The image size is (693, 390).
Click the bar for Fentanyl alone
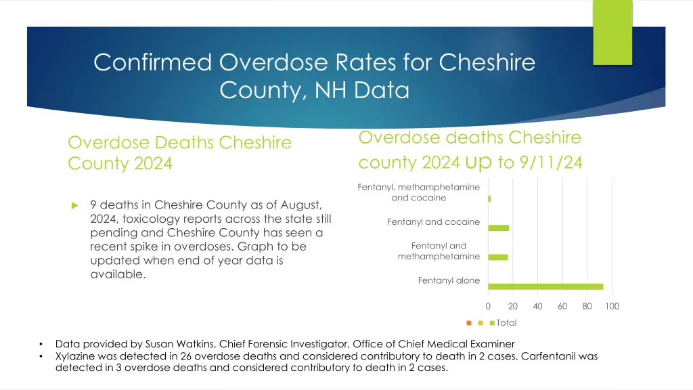(x=545, y=286)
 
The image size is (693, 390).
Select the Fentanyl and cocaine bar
(x=498, y=227)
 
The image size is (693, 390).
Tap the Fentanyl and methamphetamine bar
(x=497, y=257)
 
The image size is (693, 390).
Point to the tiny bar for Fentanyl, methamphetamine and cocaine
(x=489, y=198)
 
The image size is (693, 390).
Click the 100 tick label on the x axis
(x=612, y=306)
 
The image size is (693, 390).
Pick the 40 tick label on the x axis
(x=537, y=306)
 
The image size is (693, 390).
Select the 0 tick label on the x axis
(x=488, y=306)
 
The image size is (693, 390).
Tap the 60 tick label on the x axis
(x=562, y=306)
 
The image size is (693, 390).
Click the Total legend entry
(x=506, y=323)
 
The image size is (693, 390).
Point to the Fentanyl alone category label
(x=449, y=280)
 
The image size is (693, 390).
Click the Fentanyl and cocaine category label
(x=433, y=222)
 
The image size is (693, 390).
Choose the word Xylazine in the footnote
(x=76, y=356)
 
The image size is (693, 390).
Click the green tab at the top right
(x=612, y=32)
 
